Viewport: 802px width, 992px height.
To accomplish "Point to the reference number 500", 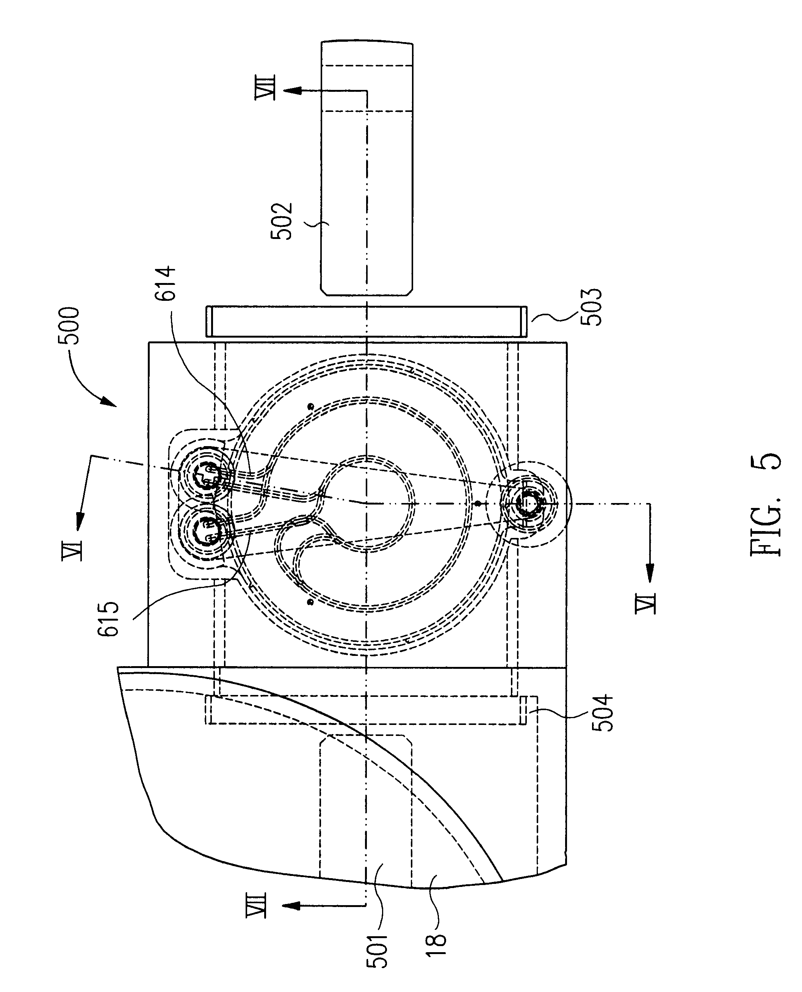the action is tap(69, 326).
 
